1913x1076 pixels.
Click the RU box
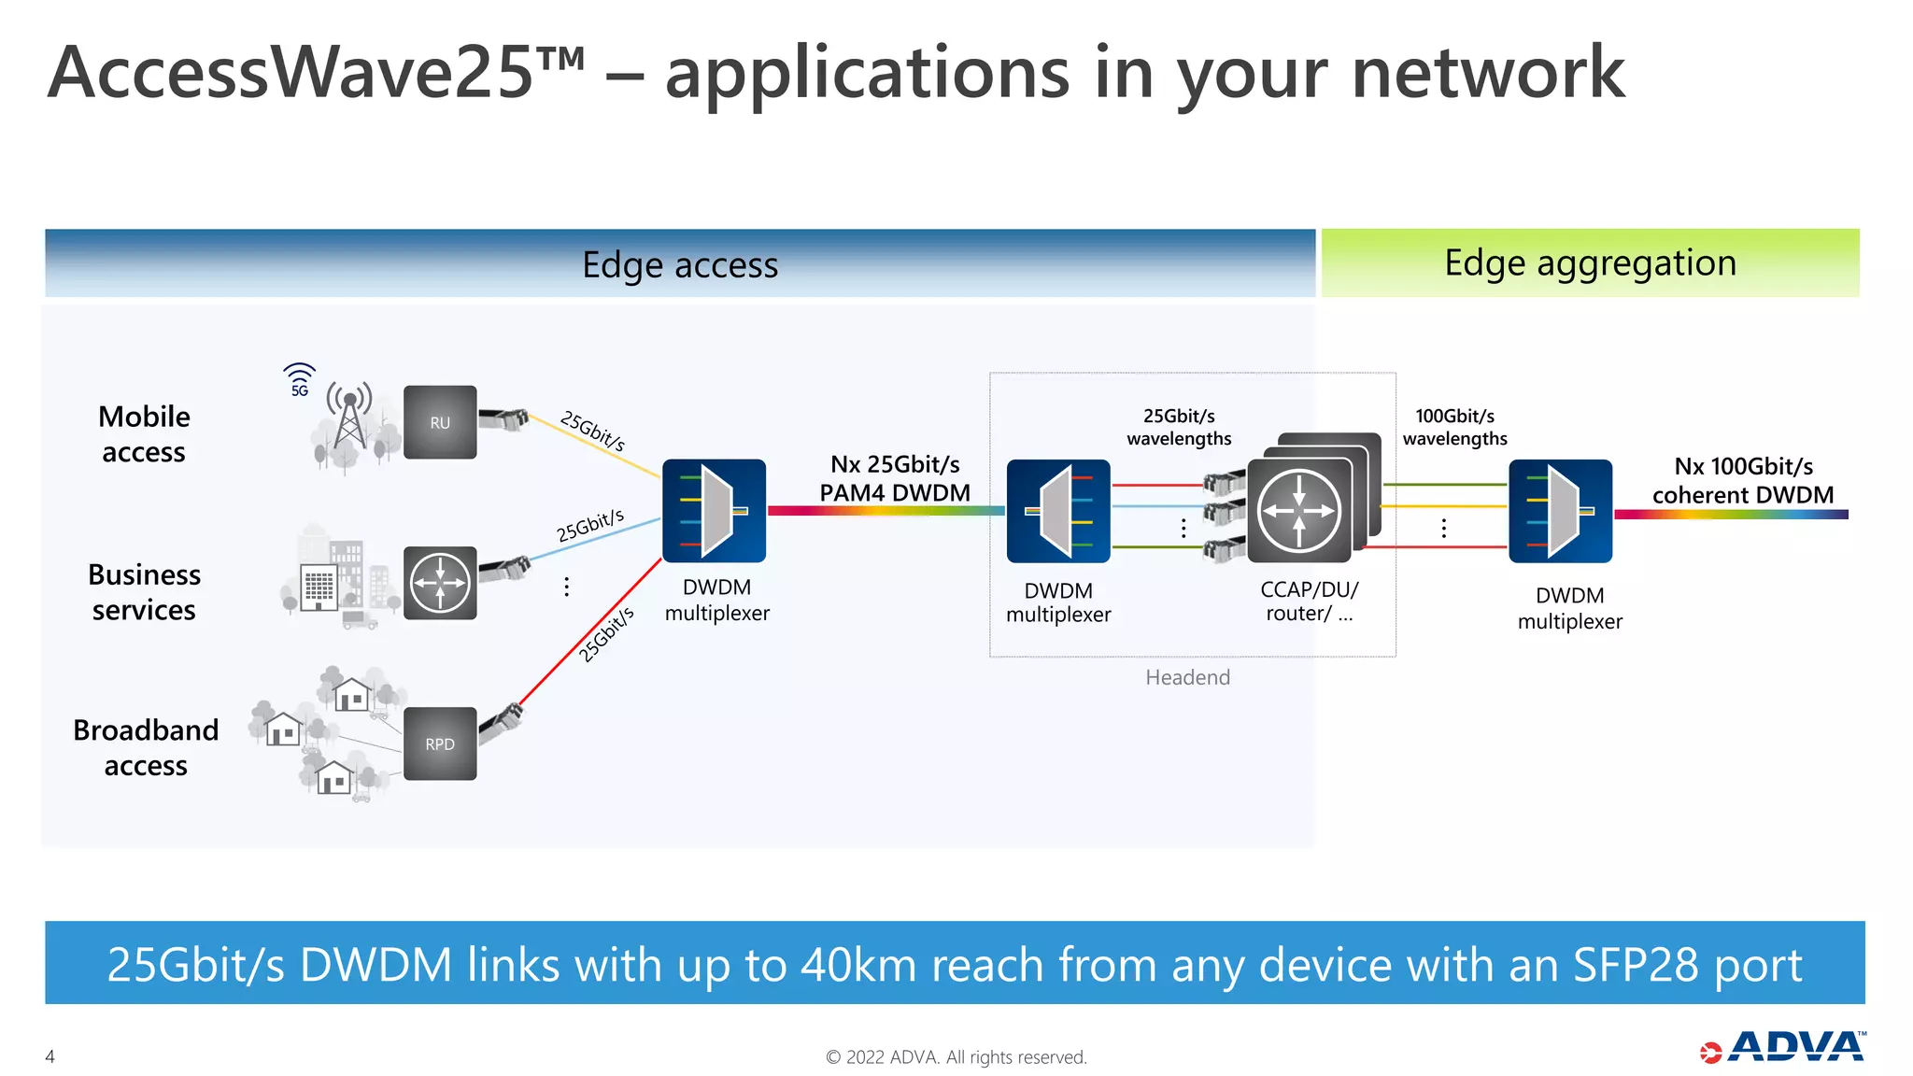440,422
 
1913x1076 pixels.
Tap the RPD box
440,743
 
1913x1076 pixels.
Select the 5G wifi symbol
299,379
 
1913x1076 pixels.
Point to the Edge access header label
679,265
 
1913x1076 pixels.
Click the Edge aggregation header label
1590,263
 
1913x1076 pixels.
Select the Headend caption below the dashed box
1187,677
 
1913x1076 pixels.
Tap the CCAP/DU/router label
1309,602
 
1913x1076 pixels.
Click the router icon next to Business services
440,583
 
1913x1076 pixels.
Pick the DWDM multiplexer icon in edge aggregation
1560,511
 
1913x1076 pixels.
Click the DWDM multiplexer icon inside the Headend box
1058,511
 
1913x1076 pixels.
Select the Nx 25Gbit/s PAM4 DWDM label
895,478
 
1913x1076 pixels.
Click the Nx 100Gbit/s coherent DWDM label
1743,480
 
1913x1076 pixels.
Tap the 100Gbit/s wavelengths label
1454,427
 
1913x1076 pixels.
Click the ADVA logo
1784,1047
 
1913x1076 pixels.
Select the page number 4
50,1056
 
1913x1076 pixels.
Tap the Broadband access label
146,747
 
